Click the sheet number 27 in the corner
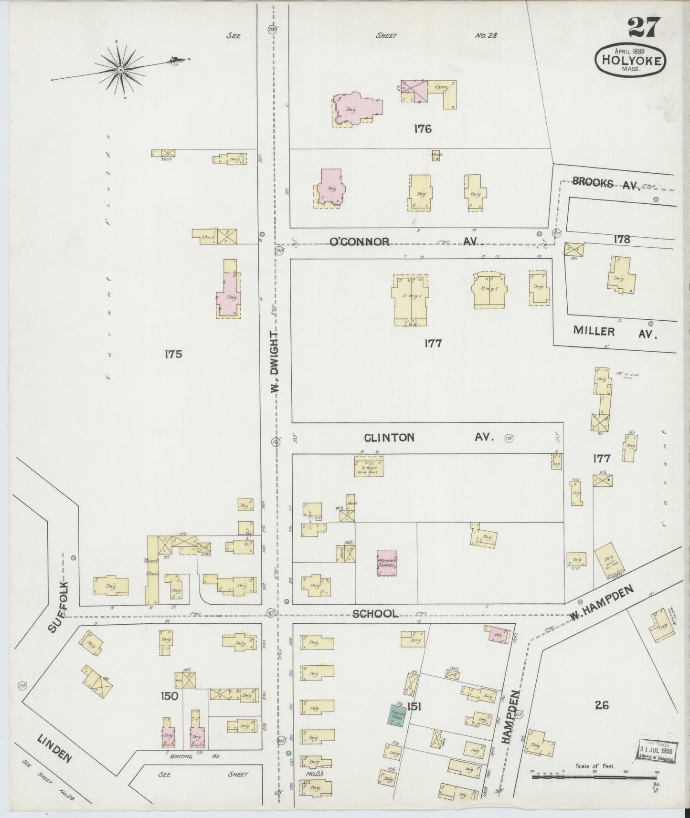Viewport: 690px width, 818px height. (644, 27)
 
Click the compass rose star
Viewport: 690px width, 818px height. (121, 71)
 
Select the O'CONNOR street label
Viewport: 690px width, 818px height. (360, 241)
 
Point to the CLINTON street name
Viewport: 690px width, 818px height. (389, 437)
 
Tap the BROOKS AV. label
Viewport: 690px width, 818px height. (606, 183)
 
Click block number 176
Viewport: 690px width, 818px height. (423, 128)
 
